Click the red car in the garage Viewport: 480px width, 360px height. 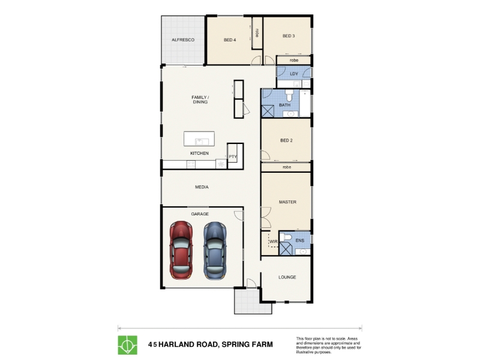[181, 250]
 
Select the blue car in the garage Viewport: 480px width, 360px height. [215, 251]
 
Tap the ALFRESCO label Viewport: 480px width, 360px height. [183, 40]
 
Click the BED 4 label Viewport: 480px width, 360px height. [230, 40]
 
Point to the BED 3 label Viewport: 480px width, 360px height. [289, 36]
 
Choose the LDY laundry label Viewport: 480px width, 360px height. [294, 74]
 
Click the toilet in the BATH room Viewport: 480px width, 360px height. [289, 95]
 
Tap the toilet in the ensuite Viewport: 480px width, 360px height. [286, 236]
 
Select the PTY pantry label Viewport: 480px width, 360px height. [233, 157]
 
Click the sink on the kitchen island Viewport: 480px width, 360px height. [202, 142]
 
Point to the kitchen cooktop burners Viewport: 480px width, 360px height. [191, 164]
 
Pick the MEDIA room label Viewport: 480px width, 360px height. [202, 187]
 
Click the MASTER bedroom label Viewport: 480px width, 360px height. [288, 202]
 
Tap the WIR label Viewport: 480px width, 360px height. [274, 242]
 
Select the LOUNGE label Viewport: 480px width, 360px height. [287, 277]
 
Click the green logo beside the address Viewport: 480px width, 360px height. [128, 345]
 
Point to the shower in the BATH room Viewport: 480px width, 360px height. [268, 111]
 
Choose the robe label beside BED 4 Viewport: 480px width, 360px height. [257, 33]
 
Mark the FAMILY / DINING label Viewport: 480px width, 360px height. [200, 100]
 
